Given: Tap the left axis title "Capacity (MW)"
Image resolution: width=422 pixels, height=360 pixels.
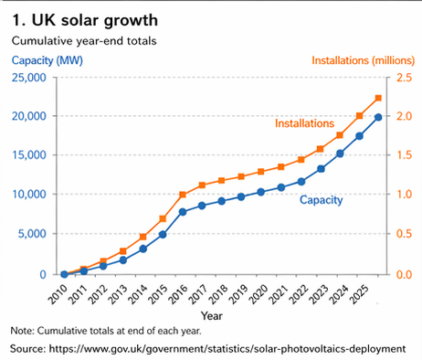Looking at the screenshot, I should (47, 60).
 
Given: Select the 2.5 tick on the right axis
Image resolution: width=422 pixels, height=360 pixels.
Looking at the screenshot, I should (403, 78).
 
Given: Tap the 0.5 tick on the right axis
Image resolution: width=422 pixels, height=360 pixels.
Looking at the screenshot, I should (403, 234).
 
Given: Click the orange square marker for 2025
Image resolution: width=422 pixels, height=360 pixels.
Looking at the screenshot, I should (379, 99).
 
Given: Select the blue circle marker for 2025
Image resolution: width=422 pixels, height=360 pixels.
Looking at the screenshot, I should (379, 117).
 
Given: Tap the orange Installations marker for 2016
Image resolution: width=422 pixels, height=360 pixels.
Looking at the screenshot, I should (183, 195).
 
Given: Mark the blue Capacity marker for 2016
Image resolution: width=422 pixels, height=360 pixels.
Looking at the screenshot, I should (183, 212).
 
